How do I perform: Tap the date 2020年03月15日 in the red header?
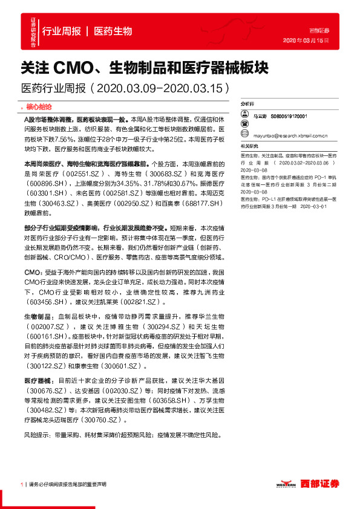tap(306, 39)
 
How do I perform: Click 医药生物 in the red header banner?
tap(113, 31)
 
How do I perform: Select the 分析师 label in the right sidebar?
tap(248, 105)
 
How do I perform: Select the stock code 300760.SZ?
tap(101, 419)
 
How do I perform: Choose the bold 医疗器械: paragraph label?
tap(39, 379)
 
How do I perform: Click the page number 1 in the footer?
tap(22, 484)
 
